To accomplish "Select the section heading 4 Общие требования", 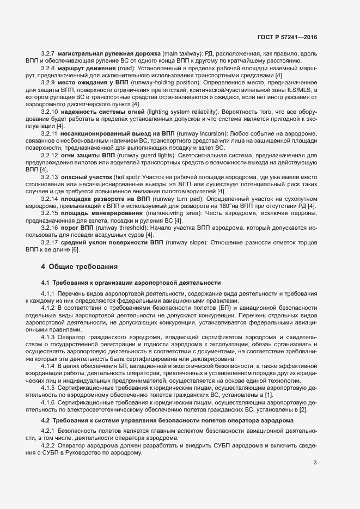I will point(80,267).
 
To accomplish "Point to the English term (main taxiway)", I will point(182,54).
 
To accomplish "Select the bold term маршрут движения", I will point(82,68).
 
